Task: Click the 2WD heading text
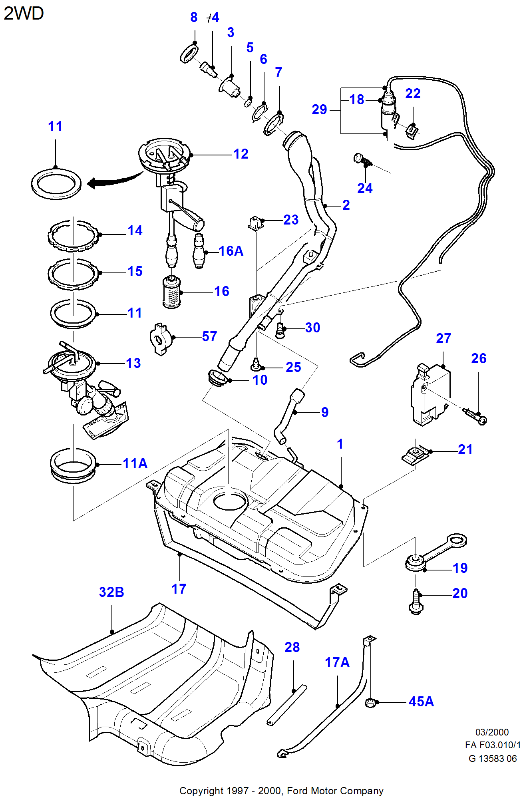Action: click(24, 14)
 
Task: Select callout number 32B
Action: click(111, 592)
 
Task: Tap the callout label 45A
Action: click(421, 702)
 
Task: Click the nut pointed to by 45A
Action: click(370, 702)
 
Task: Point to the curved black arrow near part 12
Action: click(114, 180)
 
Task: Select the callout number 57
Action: click(209, 336)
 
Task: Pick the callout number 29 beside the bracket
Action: click(319, 109)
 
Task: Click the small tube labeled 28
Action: click(287, 705)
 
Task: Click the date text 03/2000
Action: click(492, 732)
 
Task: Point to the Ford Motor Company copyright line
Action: click(281, 791)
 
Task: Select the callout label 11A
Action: click(135, 463)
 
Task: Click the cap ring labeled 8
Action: click(189, 54)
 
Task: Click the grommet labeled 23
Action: click(256, 223)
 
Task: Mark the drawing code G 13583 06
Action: click(492, 758)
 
